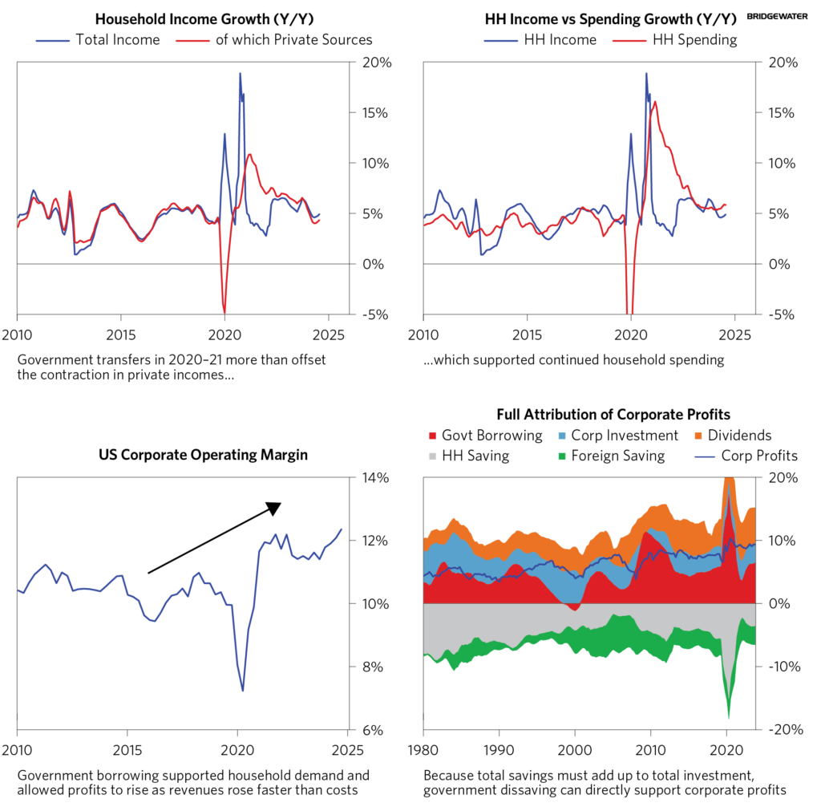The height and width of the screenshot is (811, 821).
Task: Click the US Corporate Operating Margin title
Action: pos(203,455)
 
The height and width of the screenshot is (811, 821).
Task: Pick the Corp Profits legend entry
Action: pos(750,456)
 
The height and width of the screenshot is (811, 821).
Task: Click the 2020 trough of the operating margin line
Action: pos(242,690)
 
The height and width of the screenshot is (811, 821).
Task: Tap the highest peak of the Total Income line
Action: pos(240,74)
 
